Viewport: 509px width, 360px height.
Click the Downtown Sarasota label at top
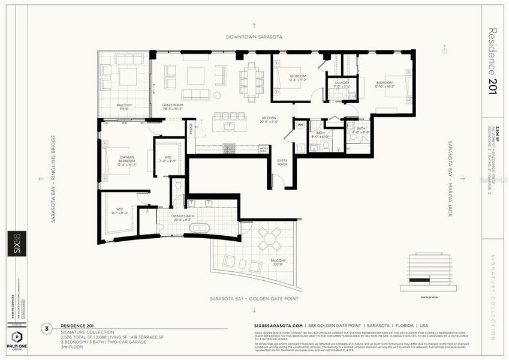click(x=254, y=37)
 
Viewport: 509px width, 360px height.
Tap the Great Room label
click(x=173, y=107)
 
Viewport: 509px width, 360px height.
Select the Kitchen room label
click(x=269, y=119)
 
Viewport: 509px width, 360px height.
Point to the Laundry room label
click(x=342, y=84)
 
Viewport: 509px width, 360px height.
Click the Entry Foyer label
click(x=282, y=163)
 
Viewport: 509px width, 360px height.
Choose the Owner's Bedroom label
click(x=127, y=160)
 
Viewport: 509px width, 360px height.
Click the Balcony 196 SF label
click(x=125, y=107)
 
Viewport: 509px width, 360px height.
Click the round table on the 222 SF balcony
click(x=270, y=236)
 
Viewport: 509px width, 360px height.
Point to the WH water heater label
click(x=300, y=125)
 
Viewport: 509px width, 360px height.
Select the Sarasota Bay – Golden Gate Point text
click(x=254, y=298)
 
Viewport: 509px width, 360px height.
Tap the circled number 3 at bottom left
click(x=47, y=329)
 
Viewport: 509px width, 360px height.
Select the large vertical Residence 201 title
click(x=493, y=58)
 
